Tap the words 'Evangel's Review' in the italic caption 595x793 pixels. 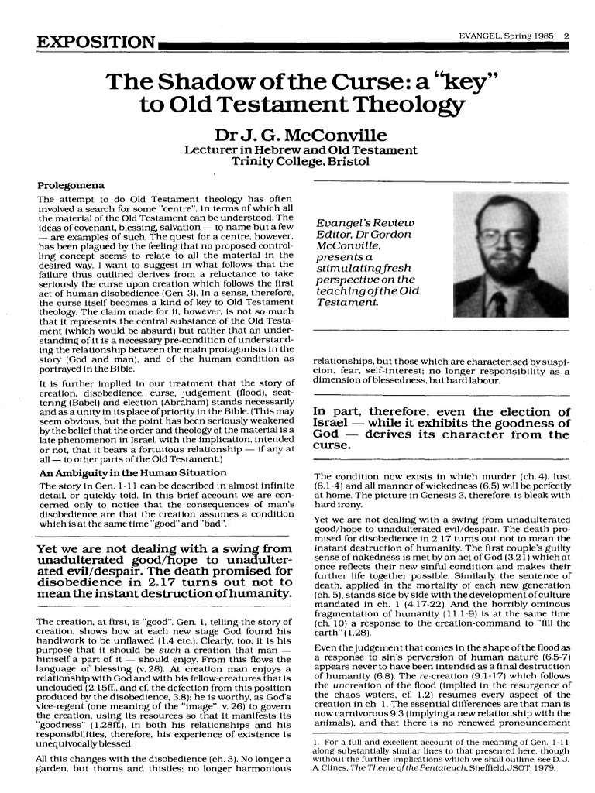363,225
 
